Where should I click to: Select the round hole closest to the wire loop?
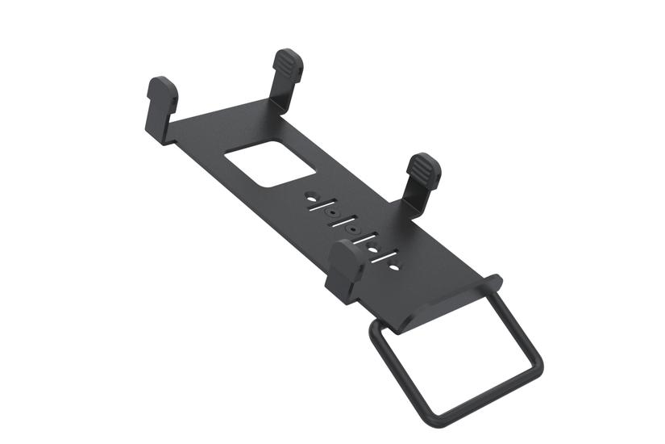[x=394, y=265]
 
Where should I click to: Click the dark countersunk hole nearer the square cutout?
[x=331, y=214]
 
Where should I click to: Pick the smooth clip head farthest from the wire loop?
[x=161, y=91]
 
